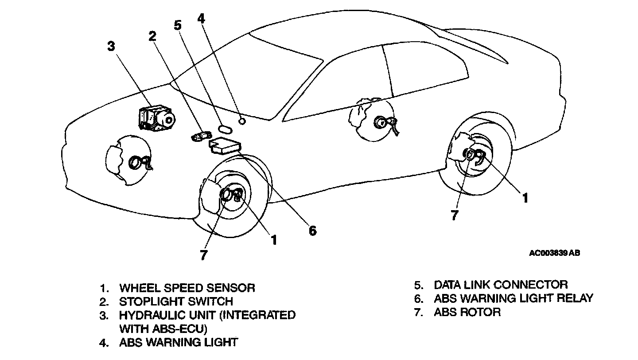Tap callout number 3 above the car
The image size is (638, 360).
[x=111, y=46]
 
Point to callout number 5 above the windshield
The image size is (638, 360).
[x=178, y=25]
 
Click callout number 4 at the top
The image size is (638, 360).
[x=202, y=19]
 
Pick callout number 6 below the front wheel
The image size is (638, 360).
[x=313, y=231]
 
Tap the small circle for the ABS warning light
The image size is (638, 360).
[x=242, y=121]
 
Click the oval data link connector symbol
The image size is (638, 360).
[x=225, y=129]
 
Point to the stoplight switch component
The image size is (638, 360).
[x=201, y=135]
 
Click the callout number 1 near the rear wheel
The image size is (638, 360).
[x=525, y=198]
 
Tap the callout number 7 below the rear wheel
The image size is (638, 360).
[x=455, y=215]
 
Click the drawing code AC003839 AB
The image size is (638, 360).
[x=554, y=253]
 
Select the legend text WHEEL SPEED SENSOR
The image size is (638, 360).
[x=187, y=288]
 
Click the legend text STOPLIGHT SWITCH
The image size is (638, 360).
[x=176, y=301]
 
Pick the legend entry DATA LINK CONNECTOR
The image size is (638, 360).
[x=501, y=284]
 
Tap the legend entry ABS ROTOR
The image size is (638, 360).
[x=467, y=312]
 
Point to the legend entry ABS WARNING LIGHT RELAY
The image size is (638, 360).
[x=513, y=298]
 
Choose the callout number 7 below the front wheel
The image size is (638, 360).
[x=203, y=255]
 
